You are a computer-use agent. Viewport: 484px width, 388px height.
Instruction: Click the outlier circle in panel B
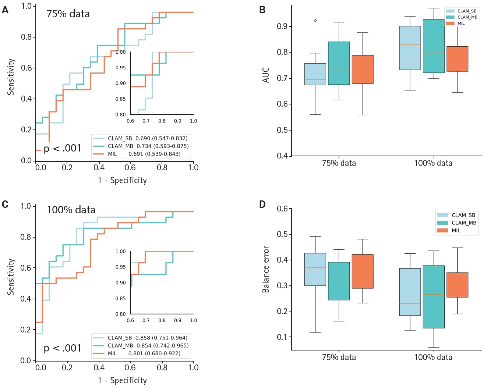tap(315, 21)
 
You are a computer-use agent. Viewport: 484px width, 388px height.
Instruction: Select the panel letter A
tap(5, 10)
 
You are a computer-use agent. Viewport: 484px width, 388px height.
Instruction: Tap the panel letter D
tap(262, 204)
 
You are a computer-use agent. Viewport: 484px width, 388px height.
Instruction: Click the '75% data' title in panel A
tap(68, 14)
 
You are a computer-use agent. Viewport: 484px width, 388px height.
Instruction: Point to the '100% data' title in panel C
tap(71, 210)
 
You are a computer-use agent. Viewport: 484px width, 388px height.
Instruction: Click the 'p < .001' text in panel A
tap(62, 148)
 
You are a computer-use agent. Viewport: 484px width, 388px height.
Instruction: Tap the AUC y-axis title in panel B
tap(266, 75)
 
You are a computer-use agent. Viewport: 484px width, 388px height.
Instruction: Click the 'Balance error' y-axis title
tap(266, 269)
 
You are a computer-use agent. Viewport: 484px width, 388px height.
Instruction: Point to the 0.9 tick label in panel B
tap(282, 26)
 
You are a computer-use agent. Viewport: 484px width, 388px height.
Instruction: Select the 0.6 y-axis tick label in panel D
tap(282, 209)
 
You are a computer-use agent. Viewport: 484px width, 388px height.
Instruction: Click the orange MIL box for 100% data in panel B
tap(457, 59)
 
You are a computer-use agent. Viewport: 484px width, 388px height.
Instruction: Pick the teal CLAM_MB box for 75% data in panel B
tap(339, 63)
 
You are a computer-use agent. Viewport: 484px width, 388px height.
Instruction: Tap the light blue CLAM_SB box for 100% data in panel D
tap(410, 292)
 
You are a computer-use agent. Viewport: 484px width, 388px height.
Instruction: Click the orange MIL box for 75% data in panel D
tap(362, 271)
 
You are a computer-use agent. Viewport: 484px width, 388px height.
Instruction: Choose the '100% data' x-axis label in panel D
tap(433, 357)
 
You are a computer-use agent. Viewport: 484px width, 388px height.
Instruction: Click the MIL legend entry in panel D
tap(456, 231)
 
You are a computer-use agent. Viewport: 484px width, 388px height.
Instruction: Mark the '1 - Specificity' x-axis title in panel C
tap(122, 380)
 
